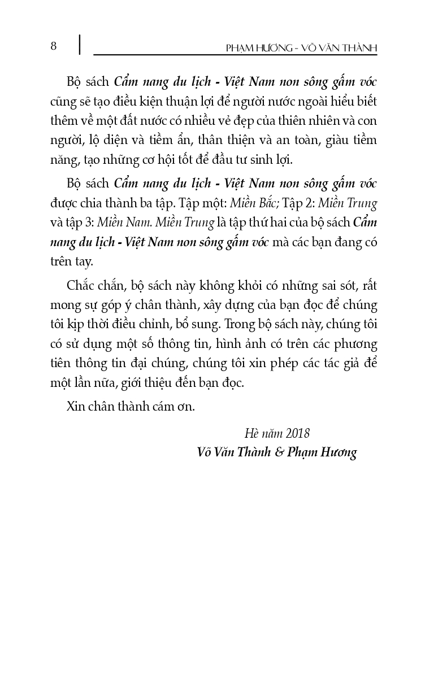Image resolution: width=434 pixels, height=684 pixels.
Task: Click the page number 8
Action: tap(54, 46)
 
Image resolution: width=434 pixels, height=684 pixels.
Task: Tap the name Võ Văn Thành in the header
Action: tap(340, 49)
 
